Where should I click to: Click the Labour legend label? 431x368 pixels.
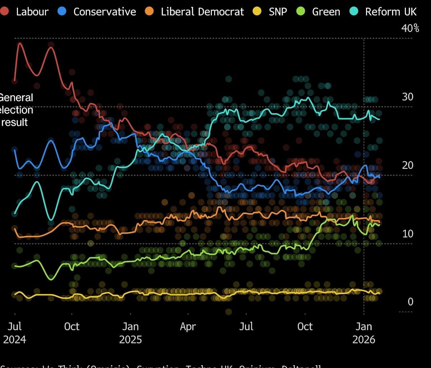pyautogui.click(x=32, y=11)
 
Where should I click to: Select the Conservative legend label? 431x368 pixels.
pyautogui.click(x=105, y=11)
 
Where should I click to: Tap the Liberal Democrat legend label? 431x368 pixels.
pyautogui.click(x=202, y=11)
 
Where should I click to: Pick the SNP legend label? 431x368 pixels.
pyautogui.click(x=278, y=11)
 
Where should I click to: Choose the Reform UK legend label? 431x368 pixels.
pyautogui.click(x=391, y=11)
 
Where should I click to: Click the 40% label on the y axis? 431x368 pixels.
pyautogui.click(x=410, y=28)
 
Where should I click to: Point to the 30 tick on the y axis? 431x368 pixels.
pyautogui.click(x=408, y=97)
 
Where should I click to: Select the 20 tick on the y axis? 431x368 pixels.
pyautogui.click(x=408, y=165)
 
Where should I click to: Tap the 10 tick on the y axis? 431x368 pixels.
pyautogui.click(x=408, y=234)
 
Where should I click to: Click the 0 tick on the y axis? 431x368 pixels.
pyautogui.click(x=411, y=302)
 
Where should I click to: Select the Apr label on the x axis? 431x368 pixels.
pyautogui.click(x=188, y=327)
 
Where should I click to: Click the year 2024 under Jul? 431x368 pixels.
pyautogui.click(x=15, y=340)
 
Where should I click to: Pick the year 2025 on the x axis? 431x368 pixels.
pyautogui.click(x=130, y=340)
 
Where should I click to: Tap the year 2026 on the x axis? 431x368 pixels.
pyautogui.click(x=363, y=340)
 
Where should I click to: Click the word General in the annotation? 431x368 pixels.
pyautogui.click(x=16, y=98)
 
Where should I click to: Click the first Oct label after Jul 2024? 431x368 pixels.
pyautogui.click(x=71, y=327)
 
